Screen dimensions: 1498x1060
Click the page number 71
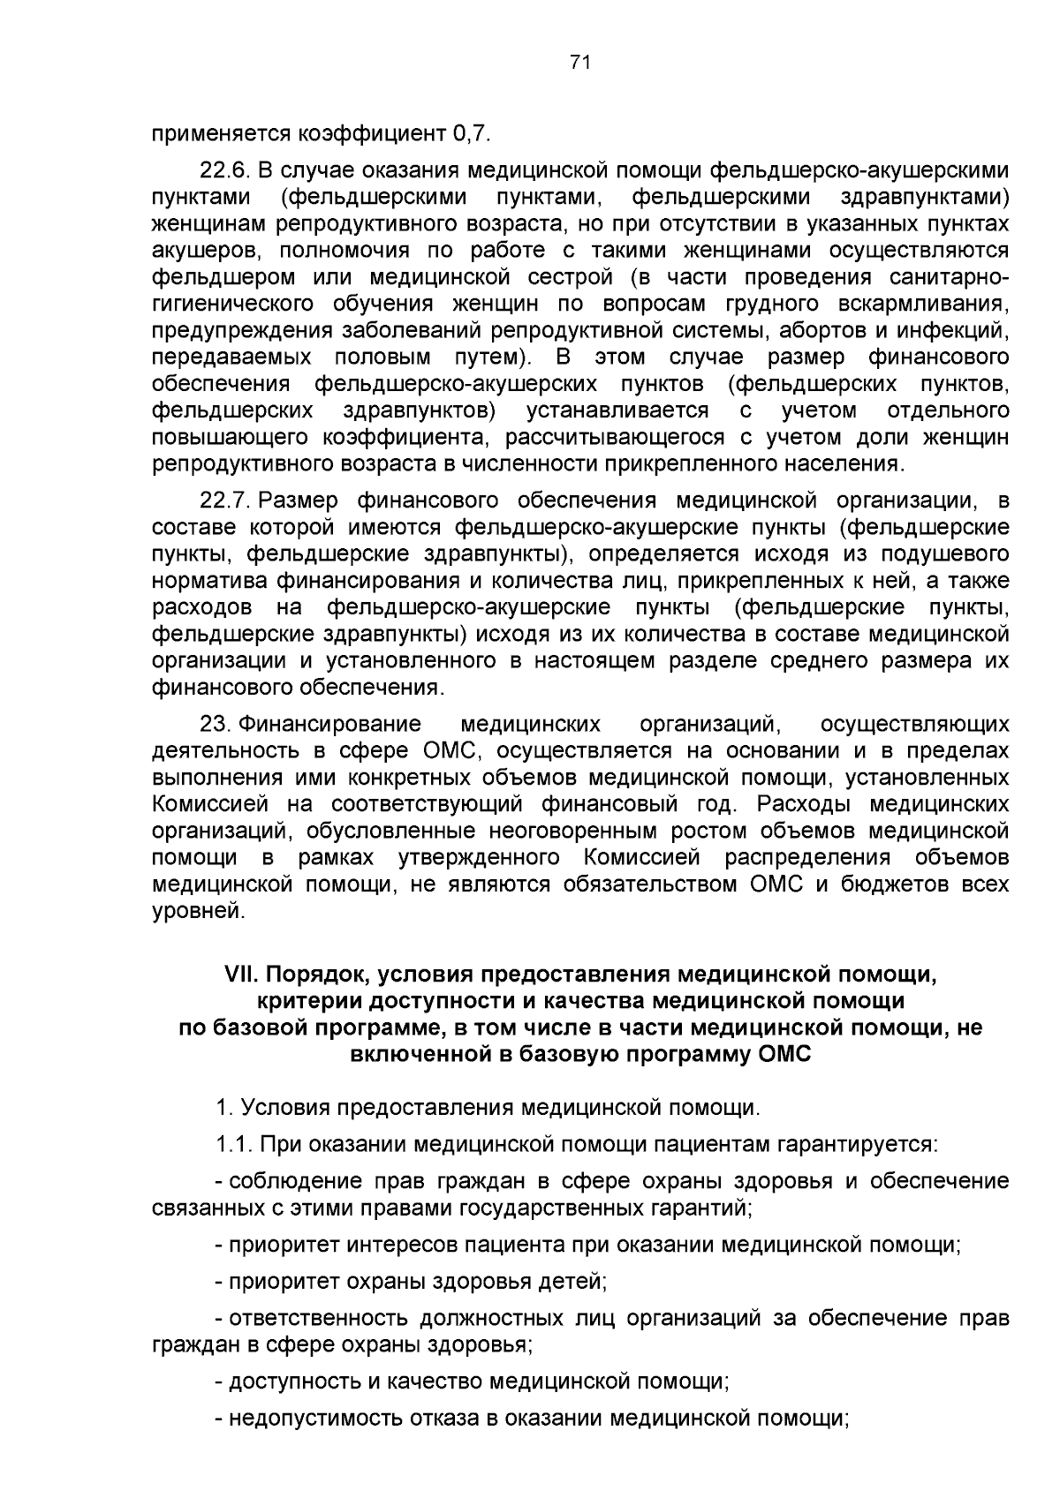580,62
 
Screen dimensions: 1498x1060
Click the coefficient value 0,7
469,134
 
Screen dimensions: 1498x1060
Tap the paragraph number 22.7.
227,501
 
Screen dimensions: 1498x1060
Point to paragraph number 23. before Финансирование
216,725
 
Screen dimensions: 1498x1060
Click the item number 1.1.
234,1144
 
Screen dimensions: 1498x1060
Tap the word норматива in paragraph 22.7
209,581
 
